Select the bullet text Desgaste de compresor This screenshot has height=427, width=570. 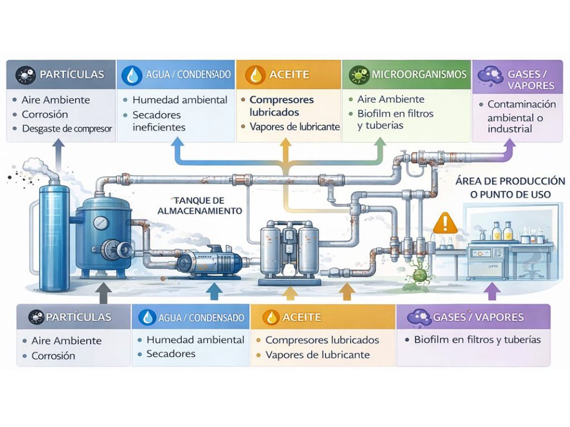click(67, 129)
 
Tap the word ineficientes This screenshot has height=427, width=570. click(158, 127)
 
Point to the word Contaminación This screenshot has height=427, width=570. click(521, 105)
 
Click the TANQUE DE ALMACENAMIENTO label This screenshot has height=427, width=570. click(199, 206)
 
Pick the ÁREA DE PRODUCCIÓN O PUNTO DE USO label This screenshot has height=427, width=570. click(510, 188)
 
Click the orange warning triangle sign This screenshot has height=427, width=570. click(444, 224)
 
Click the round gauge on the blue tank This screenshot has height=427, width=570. click(100, 221)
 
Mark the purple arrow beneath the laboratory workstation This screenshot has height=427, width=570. click(490, 291)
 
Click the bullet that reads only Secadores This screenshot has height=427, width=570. click(171, 354)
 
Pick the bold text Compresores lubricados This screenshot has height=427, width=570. click(282, 106)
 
